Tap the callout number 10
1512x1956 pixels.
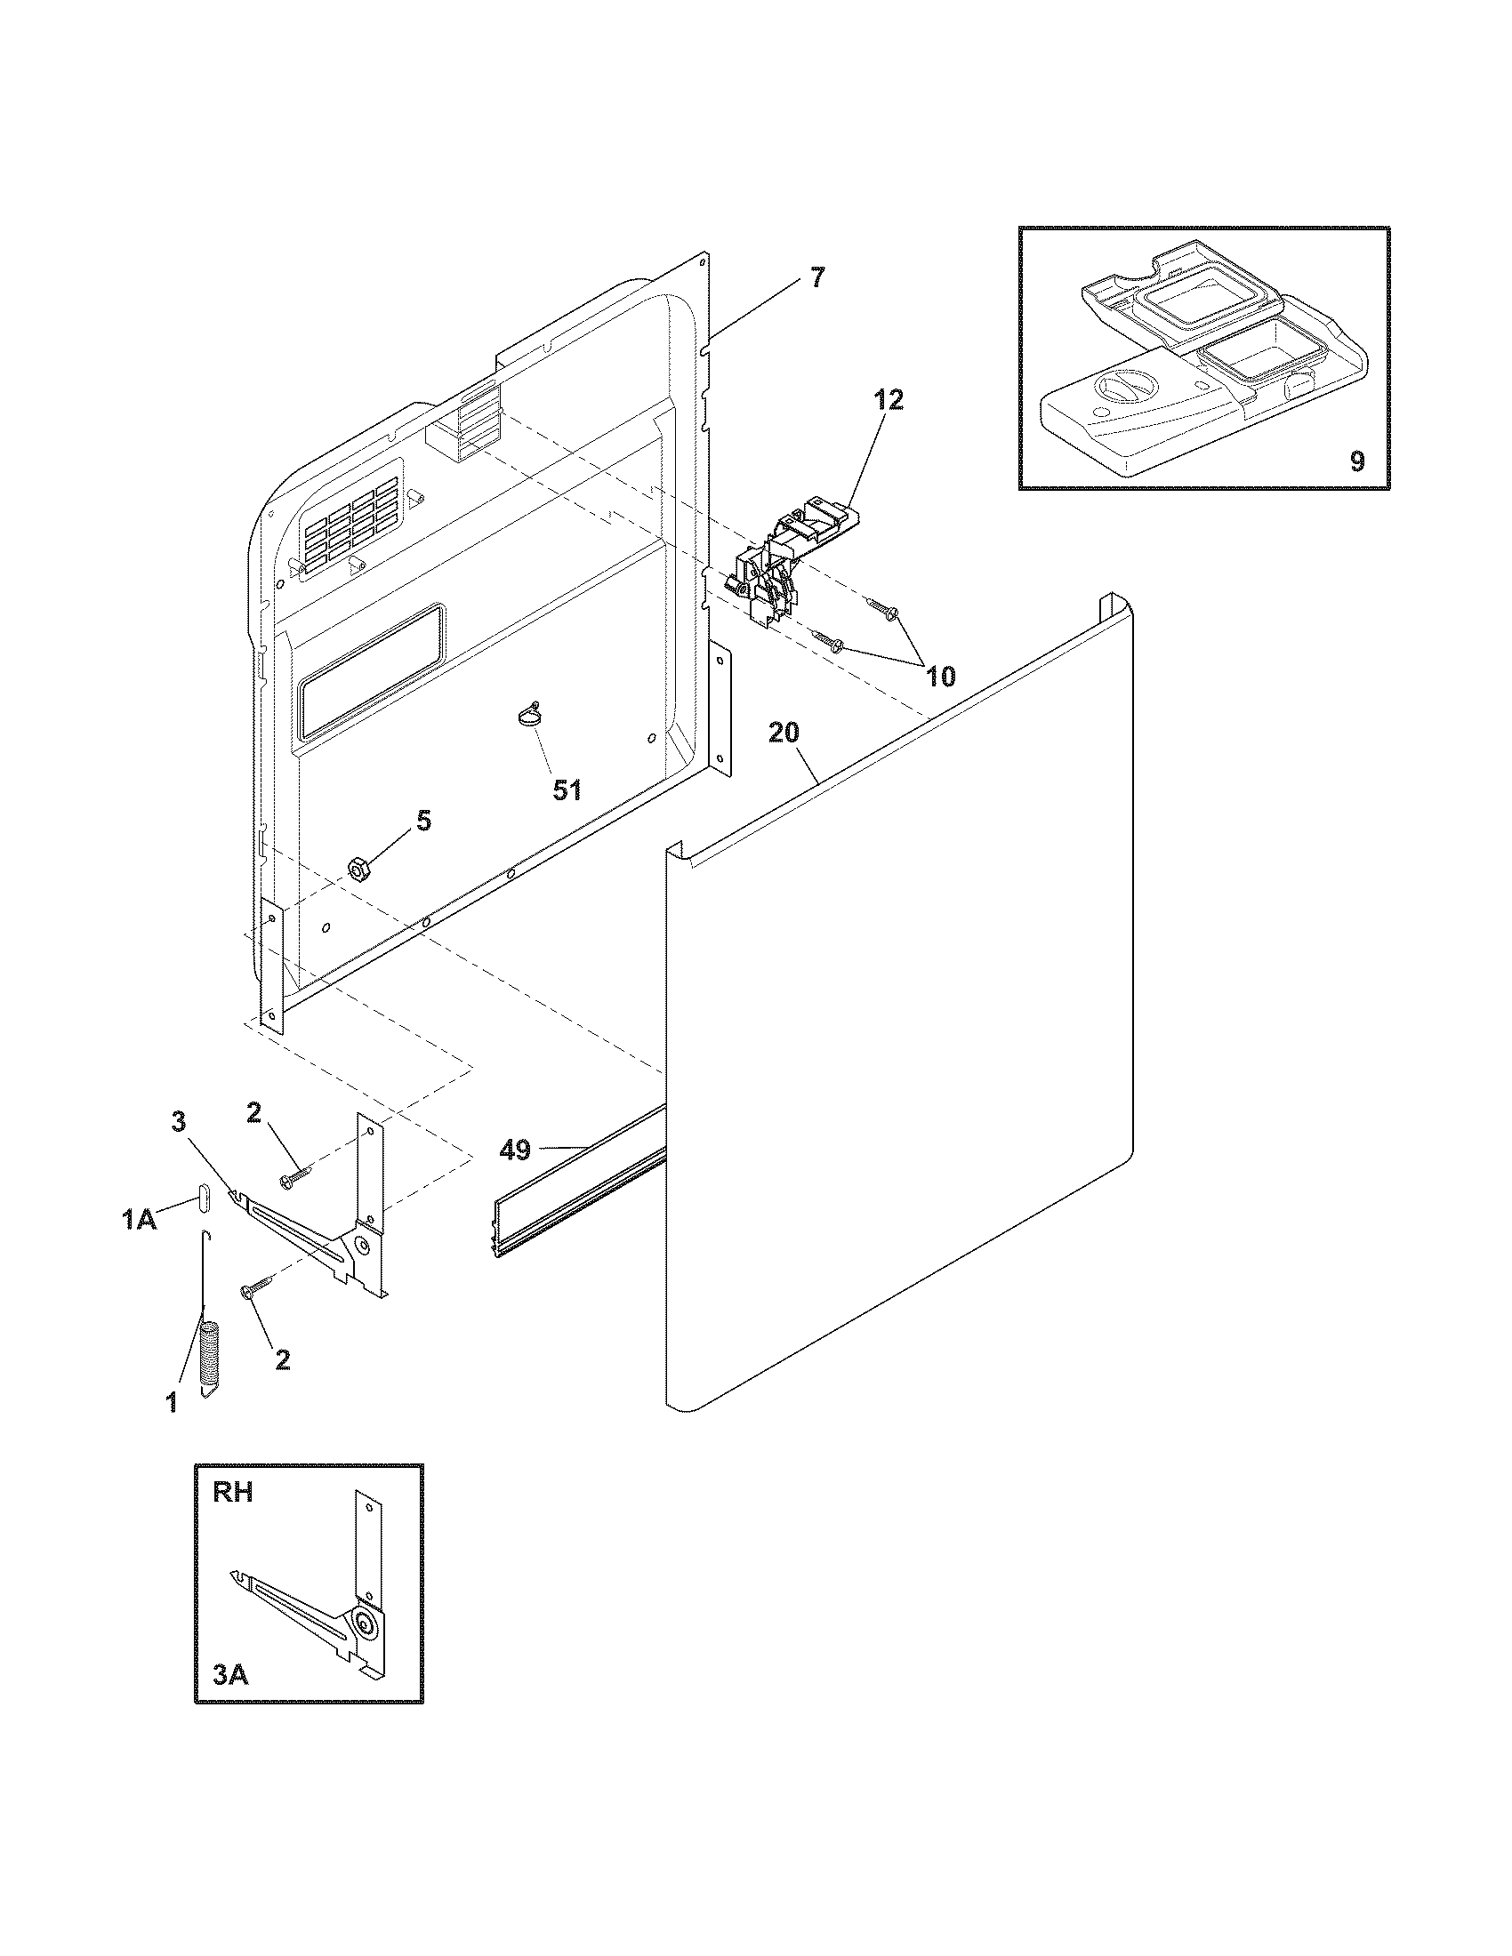tap(939, 677)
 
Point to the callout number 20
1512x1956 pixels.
tap(784, 733)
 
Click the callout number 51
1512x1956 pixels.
tap(566, 789)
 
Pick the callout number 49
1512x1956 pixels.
tap(515, 1150)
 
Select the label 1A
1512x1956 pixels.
tap(139, 1219)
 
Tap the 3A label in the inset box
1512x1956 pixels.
tap(230, 1674)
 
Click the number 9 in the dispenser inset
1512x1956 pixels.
tap(1357, 461)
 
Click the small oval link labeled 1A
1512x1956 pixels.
tap(204, 1197)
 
